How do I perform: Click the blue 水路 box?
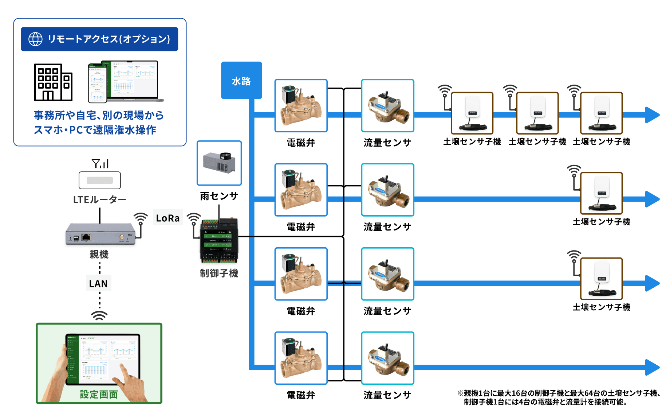click(241, 80)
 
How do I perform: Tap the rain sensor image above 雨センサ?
click(219, 163)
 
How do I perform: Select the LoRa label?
click(167, 218)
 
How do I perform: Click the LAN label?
click(98, 283)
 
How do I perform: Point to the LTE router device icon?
click(100, 180)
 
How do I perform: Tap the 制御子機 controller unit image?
click(219, 241)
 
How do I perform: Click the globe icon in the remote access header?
click(35, 39)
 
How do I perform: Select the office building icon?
click(53, 82)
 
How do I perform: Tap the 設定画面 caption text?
click(99, 394)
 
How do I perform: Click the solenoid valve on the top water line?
click(301, 106)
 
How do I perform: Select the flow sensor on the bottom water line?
click(387, 358)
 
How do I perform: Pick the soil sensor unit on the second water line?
click(601, 193)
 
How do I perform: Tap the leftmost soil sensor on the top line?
click(472, 113)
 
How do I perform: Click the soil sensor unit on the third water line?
click(601, 279)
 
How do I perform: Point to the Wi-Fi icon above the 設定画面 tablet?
click(99, 315)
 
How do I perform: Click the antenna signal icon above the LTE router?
click(100, 163)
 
